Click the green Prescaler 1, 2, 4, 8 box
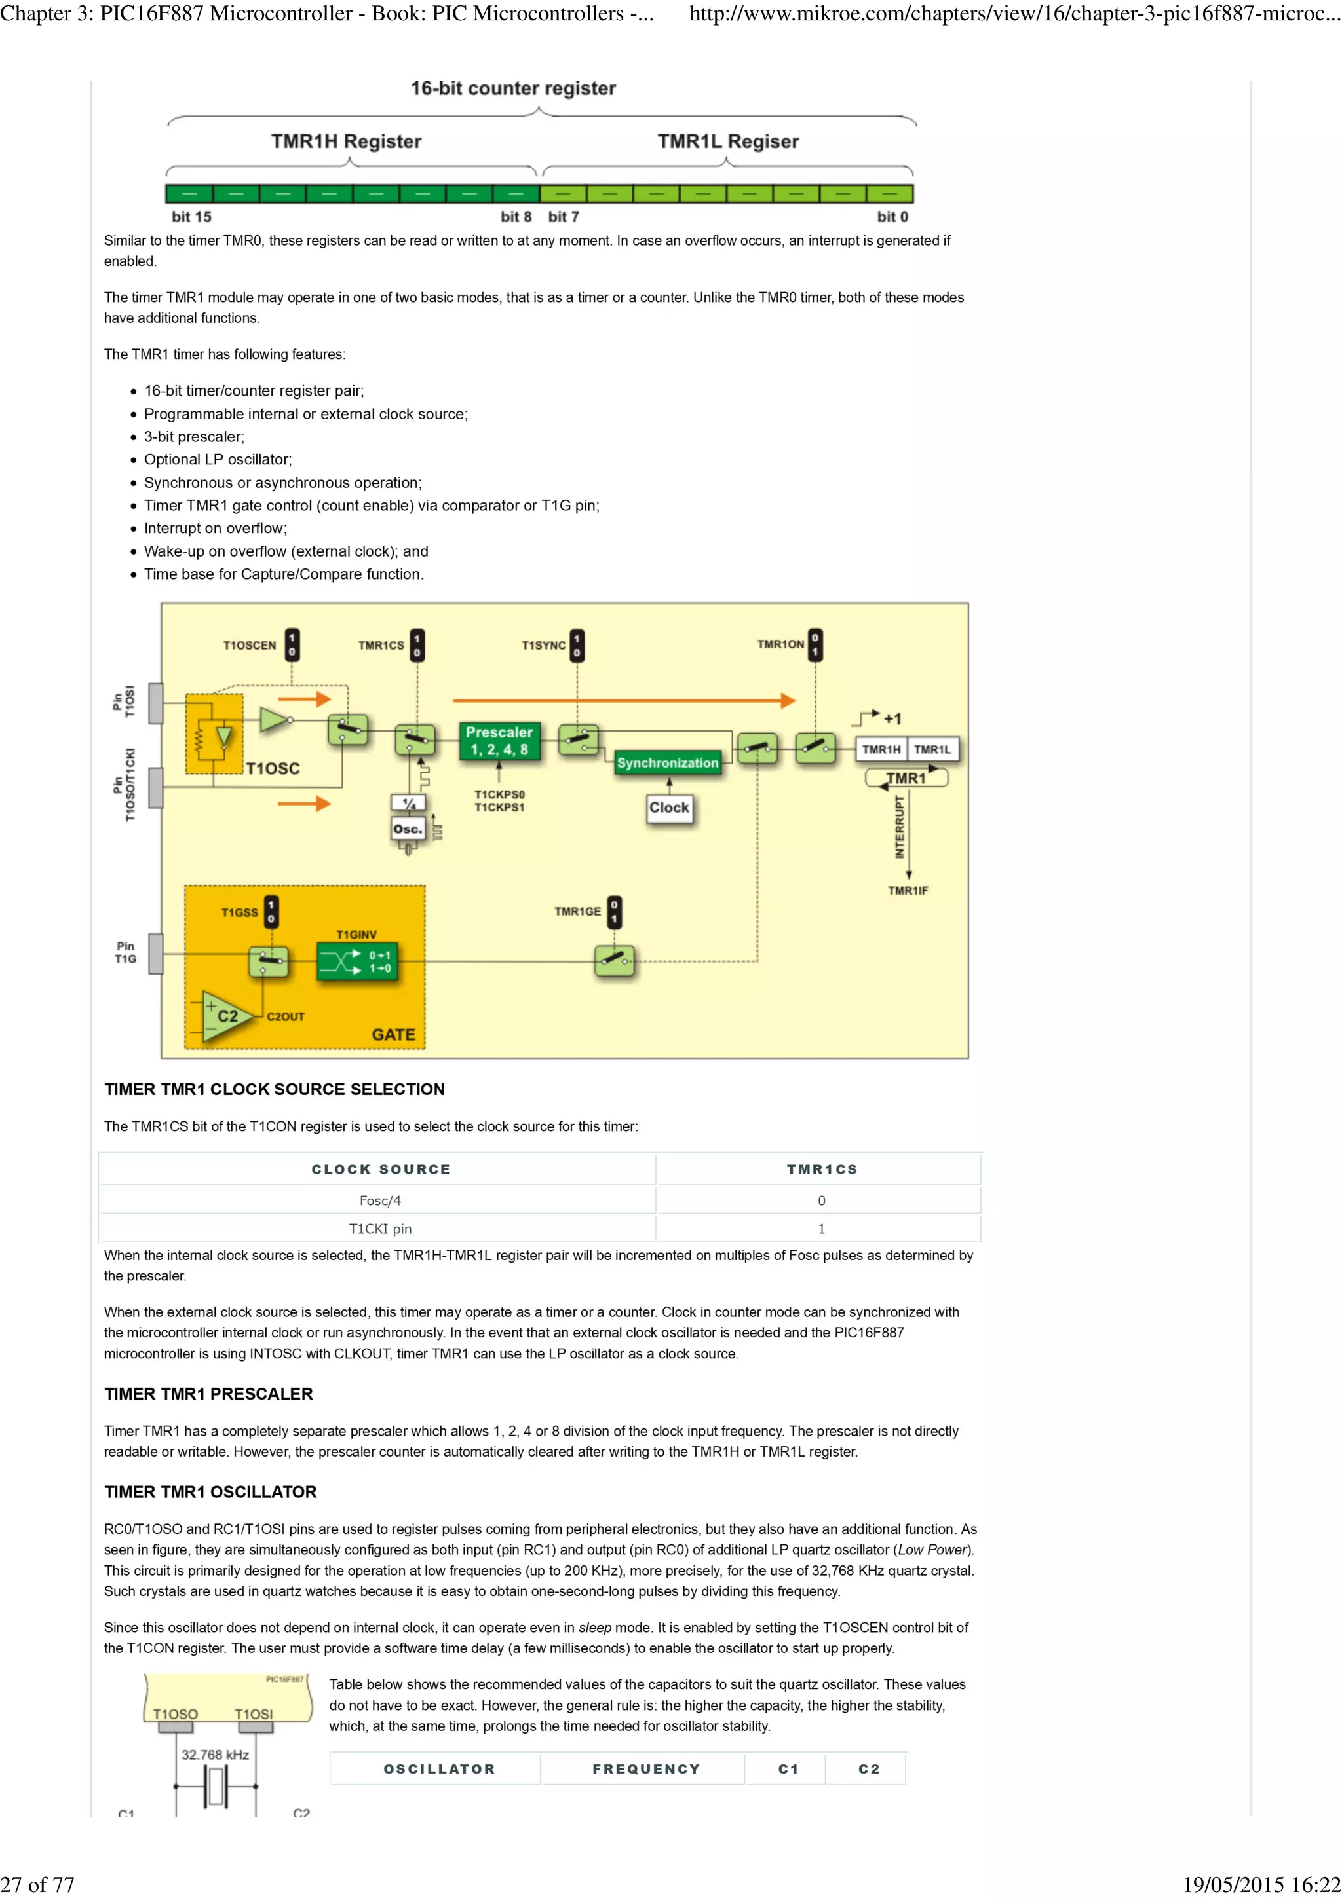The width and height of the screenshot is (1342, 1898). [x=499, y=741]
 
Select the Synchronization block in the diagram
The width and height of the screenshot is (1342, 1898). [x=667, y=763]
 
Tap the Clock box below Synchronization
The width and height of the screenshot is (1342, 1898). [x=668, y=808]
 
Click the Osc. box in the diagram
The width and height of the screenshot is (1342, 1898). [x=407, y=829]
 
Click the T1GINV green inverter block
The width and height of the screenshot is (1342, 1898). [x=357, y=961]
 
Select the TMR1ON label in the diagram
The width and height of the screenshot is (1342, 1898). [x=780, y=644]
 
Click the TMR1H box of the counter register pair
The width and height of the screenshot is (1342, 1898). [x=881, y=749]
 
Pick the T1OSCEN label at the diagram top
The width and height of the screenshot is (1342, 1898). [x=249, y=645]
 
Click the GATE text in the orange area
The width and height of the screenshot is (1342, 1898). [x=393, y=1034]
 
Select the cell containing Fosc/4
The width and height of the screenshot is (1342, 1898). [x=379, y=1200]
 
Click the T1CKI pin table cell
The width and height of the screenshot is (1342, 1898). [x=379, y=1229]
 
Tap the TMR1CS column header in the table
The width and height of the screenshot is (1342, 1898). [x=821, y=1169]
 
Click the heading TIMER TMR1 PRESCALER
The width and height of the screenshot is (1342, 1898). [x=208, y=1394]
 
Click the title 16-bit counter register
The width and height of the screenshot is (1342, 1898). [x=512, y=88]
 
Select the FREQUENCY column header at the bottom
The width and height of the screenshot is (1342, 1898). [x=646, y=1769]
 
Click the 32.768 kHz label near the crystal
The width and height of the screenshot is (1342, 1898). [x=215, y=1754]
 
